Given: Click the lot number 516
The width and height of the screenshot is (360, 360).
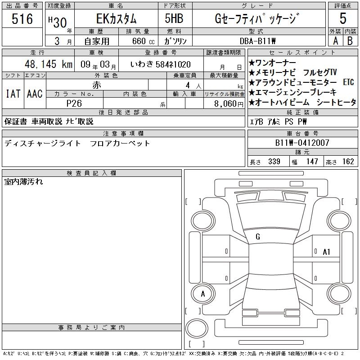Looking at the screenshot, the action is coord(22,18).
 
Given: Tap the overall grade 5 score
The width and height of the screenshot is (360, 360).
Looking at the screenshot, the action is coord(343,18).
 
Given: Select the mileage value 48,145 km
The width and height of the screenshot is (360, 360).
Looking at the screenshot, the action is coord(49,64).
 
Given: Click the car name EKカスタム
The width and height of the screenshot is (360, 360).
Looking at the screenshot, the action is coord(117,18).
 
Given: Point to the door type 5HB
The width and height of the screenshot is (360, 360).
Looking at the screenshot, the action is coord(174,18).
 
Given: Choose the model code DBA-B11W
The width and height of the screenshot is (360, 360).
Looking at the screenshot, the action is coord(257,41).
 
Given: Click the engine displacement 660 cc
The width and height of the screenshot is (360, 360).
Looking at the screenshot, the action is coord(143,41).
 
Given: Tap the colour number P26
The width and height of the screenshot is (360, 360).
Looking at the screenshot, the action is coord(74,103).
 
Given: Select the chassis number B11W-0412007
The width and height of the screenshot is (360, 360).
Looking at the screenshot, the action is coord(302,143).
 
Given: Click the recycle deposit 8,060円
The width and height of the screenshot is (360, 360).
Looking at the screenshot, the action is coord(229,104).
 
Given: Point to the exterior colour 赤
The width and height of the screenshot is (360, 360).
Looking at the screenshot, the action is coord(97,85).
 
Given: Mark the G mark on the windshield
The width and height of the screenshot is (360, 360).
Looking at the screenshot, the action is coord(258,237).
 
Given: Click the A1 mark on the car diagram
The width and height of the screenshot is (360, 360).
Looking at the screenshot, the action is coord(326,252).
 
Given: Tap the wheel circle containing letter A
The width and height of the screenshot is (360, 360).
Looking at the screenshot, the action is coord(203,294).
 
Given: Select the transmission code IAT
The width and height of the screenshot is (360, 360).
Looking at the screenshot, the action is coord(13,94).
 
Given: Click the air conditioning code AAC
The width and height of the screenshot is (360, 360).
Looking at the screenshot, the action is coord(35,94).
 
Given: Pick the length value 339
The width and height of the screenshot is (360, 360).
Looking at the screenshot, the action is coord(274,162).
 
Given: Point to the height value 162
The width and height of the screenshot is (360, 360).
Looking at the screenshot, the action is coord(348,162).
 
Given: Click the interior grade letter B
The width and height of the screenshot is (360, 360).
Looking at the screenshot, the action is coord(350,41).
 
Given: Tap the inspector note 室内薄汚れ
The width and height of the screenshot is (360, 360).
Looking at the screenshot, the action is coord(23,182).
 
